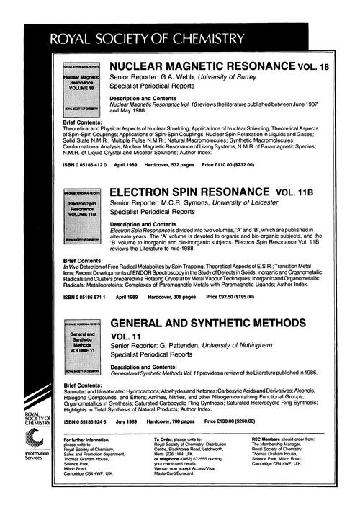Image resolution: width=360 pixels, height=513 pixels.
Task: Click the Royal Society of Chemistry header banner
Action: [180, 37]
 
